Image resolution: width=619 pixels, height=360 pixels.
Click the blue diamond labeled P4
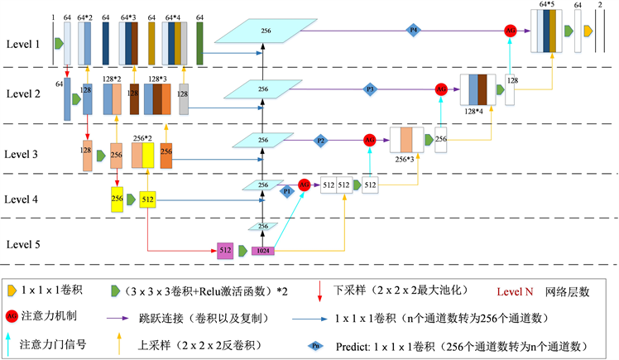click(x=415, y=31)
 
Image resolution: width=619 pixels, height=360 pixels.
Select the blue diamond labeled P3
click(x=371, y=89)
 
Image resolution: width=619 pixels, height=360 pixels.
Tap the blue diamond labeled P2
click(x=321, y=141)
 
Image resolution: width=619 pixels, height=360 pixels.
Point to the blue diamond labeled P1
click(x=288, y=190)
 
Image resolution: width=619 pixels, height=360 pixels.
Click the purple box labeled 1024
click(x=263, y=250)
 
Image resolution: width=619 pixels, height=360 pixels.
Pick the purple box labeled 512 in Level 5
click(x=224, y=249)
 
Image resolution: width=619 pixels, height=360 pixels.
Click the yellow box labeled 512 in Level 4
click(x=148, y=199)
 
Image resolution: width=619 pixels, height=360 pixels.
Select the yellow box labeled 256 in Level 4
click(x=117, y=199)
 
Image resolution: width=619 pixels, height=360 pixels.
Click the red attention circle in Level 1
click(x=511, y=31)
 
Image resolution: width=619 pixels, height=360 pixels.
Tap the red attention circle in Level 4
click(x=305, y=185)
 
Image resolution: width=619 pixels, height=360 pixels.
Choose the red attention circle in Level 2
click(x=441, y=89)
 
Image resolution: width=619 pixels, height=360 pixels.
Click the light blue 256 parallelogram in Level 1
click(x=266, y=31)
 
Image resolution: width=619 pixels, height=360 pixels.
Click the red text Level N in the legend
click(x=518, y=292)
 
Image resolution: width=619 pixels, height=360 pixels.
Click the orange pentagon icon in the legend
click(x=11, y=291)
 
